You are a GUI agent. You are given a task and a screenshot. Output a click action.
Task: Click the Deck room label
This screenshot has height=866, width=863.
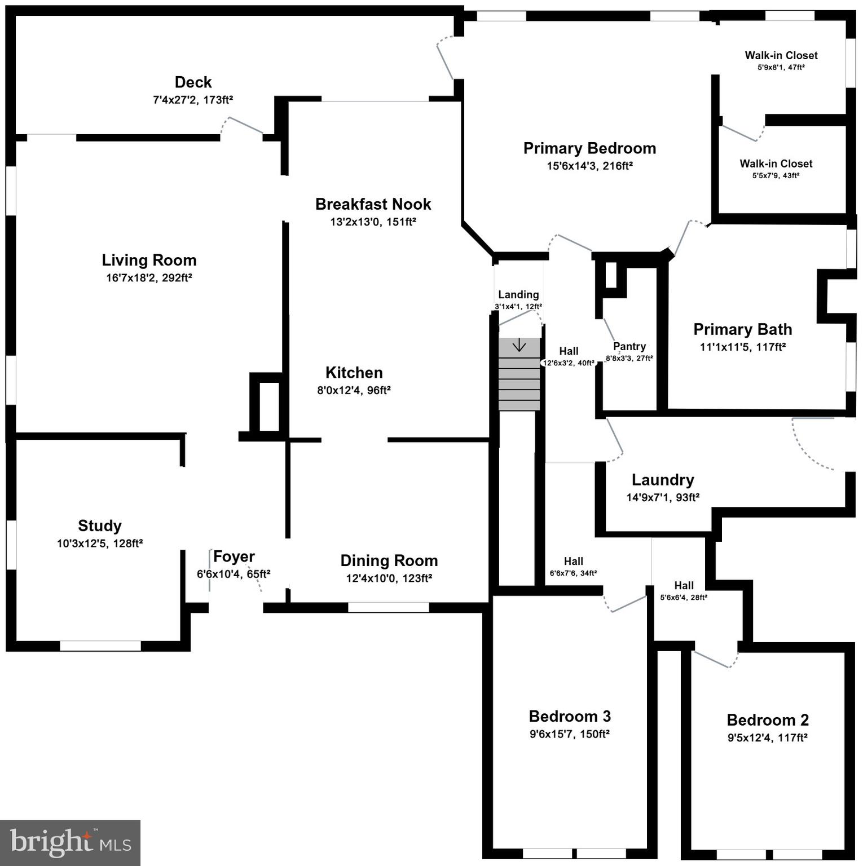[193, 82]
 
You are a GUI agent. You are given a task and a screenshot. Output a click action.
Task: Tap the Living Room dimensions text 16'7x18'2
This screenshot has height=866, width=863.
[133, 278]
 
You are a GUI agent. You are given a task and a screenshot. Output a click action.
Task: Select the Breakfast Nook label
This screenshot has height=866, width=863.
[373, 204]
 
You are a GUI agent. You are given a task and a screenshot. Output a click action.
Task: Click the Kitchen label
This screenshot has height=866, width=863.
[354, 373]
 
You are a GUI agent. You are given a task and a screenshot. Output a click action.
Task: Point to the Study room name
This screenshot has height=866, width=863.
[100, 526]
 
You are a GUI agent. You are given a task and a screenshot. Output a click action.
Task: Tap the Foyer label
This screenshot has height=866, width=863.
[234, 557]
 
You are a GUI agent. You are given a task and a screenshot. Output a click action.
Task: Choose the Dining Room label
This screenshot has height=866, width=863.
[389, 561]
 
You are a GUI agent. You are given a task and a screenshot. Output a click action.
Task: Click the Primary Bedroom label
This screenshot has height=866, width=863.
[589, 148]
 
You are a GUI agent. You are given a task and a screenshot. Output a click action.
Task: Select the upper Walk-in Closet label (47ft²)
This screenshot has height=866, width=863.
[781, 55]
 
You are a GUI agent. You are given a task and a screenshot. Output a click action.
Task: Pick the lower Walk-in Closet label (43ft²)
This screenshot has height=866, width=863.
[776, 164]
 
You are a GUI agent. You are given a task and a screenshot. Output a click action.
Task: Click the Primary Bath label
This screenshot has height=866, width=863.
[742, 330]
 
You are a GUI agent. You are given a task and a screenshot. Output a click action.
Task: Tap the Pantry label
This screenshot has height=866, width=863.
[629, 347]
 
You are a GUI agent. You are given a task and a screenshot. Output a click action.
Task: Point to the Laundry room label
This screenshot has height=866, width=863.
[662, 480]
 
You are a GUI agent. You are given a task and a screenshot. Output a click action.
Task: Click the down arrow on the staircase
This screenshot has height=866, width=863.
[518, 345]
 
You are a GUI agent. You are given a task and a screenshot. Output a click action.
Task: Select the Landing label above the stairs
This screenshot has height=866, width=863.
[518, 295]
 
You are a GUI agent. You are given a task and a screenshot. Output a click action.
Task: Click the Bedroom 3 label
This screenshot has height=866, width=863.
[569, 717]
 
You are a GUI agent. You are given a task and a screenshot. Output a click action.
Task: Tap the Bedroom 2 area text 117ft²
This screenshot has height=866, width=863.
[792, 738]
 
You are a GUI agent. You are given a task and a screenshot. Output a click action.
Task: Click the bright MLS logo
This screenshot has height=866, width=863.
[70, 842]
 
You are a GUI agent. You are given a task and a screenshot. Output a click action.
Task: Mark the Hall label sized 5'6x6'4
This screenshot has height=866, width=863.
[684, 586]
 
